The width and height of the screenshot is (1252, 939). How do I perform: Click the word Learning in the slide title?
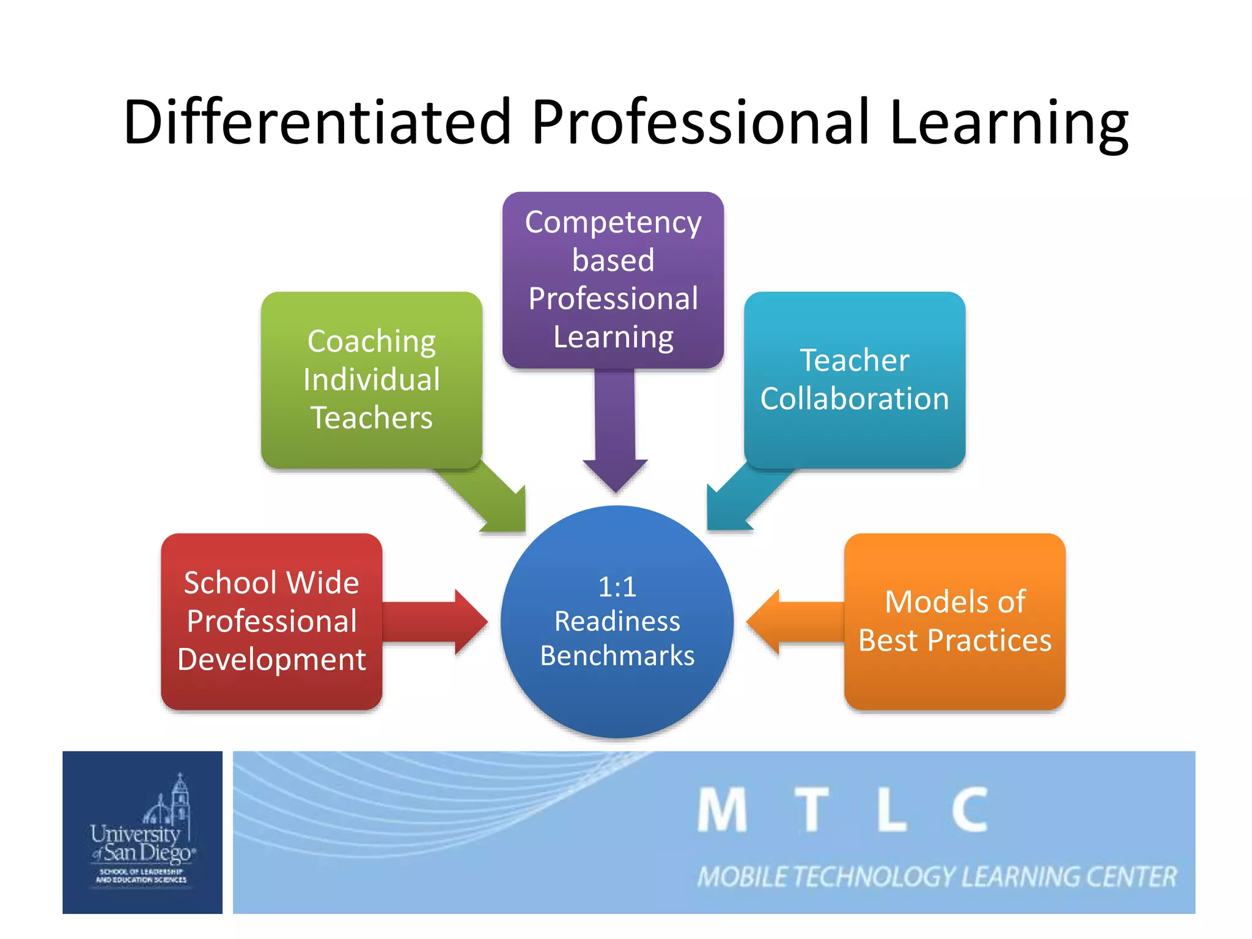(x=1008, y=122)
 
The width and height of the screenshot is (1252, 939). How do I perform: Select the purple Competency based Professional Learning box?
(x=613, y=279)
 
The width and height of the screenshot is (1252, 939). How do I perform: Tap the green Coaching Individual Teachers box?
(x=372, y=380)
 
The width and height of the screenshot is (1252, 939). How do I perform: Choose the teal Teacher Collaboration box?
(x=855, y=380)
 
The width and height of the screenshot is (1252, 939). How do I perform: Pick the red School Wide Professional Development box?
(x=271, y=621)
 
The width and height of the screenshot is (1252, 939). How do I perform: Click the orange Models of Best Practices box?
(x=955, y=621)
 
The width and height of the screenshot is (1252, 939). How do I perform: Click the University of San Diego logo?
(x=142, y=832)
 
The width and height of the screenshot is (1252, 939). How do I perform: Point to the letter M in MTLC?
(x=722, y=810)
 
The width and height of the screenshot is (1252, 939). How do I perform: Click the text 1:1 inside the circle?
(x=617, y=587)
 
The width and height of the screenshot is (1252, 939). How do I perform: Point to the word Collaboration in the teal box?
(x=855, y=399)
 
